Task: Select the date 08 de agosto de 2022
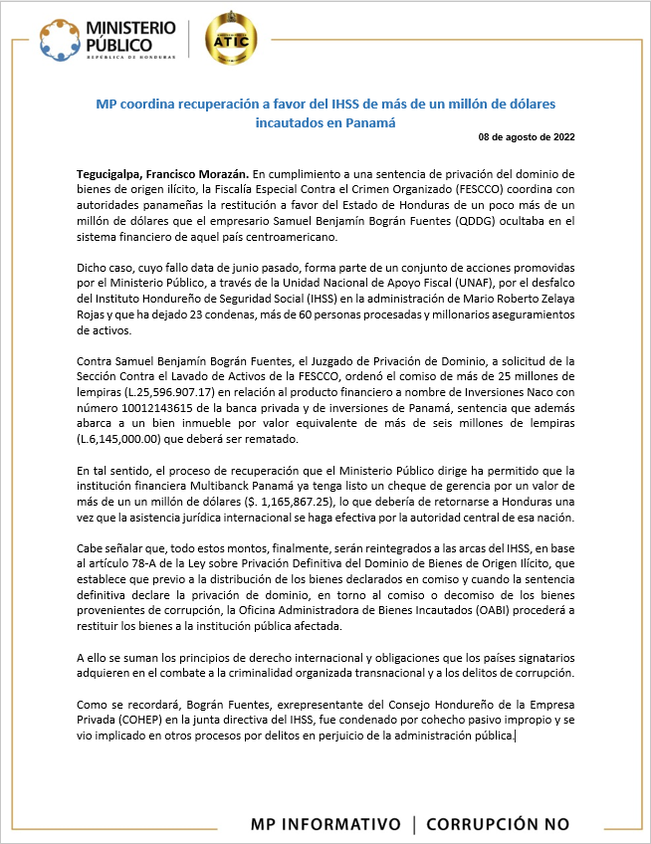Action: (x=526, y=136)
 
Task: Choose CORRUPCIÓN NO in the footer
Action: (x=498, y=824)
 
